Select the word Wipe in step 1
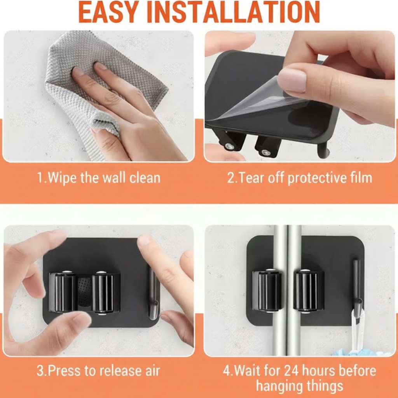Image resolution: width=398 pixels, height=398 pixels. pos(62,178)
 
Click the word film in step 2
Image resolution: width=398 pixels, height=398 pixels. pos(359,178)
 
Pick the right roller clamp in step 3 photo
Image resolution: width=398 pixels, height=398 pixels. pos(103,292)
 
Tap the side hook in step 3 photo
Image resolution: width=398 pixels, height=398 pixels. pos(153,293)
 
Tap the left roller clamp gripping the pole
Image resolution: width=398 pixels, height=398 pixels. pos(267,291)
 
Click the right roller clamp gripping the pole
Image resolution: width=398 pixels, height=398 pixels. pos(309,291)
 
